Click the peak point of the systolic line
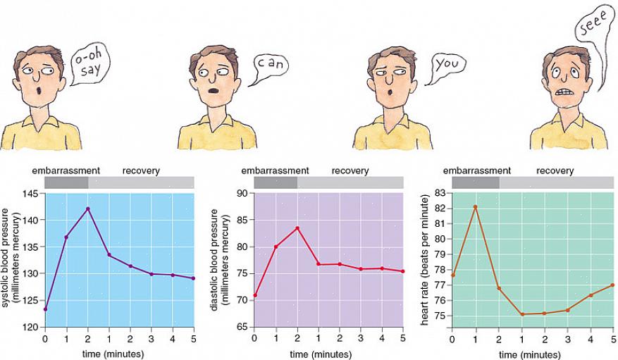coord(88,209)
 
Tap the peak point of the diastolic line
coord(297,228)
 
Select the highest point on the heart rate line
coord(475,207)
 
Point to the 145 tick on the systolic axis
coord(33,193)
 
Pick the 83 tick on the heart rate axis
coord(441,193)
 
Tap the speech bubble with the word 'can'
coord(271,66)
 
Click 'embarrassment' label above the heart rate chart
coord(476,170)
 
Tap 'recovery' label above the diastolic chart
coord(350,170)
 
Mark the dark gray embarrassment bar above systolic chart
coord(66,182)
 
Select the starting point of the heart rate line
coord(452,275)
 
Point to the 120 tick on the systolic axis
coord(33,328)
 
